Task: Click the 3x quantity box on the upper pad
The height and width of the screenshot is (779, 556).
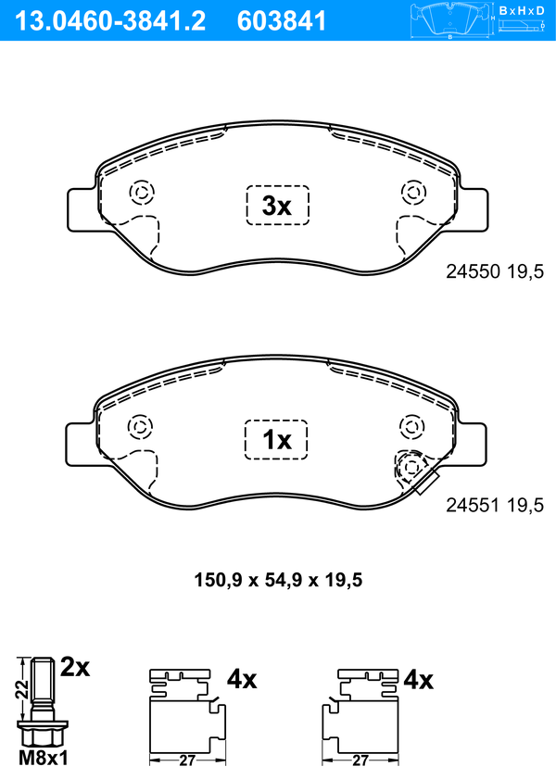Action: pyautogui.click(x=277, y=206)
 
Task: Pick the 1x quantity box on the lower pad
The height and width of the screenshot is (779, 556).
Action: pyautogui.click(x=277, y=440)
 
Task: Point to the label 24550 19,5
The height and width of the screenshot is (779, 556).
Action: pyautogui.click(x=492, y=271)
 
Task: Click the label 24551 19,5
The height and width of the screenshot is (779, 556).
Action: pyautogui.click(x=492, y=506)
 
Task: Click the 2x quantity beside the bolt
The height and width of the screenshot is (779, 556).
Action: pyautogui.click(x=75, y=667)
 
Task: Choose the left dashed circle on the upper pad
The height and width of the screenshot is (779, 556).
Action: pyautogui.click(x=142, y=192)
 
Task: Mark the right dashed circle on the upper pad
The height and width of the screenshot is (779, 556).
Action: pyautogui.click(x=411, y=192)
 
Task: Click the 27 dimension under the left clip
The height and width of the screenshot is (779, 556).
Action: pyautogui.click(x=186, y=760)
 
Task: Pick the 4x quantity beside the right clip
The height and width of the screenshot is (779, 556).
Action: pyautogui.click(x=419, y=681)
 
